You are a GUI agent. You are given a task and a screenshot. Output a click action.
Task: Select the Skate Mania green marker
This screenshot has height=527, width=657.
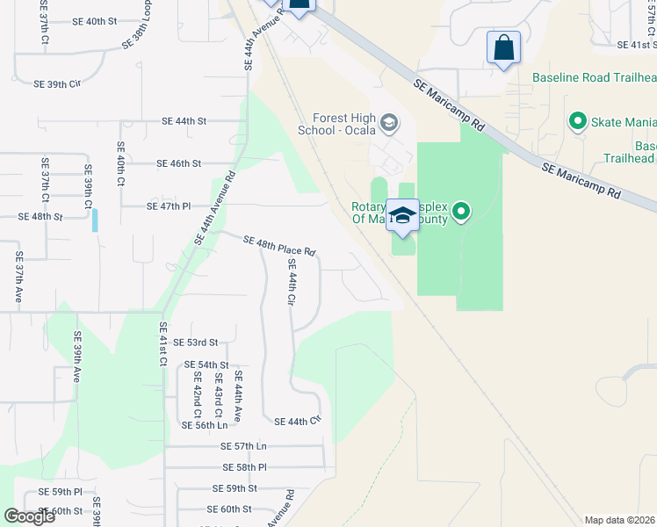(578, 120)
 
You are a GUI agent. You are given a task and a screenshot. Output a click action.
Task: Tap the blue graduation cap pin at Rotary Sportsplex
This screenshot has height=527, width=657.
(402, 216)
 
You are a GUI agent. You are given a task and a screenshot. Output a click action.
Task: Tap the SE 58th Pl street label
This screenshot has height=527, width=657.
(244, 467)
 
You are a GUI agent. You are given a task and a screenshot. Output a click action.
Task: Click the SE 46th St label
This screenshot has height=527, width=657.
(179, 163)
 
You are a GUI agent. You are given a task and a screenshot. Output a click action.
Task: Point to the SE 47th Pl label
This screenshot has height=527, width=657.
(168, 206)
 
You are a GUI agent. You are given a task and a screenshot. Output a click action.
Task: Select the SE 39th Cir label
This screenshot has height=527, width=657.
(56, 84)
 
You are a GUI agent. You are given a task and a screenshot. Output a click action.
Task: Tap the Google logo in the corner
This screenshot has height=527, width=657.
(29, 516)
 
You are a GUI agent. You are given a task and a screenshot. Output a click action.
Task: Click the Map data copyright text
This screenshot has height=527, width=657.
(620, 520)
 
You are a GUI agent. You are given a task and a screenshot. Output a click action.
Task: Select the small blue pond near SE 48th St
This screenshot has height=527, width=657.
(95, 220)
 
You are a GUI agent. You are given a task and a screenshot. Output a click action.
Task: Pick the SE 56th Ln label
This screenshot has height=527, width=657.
(204, 425)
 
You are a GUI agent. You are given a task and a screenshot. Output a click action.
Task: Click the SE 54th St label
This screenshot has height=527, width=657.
(206, 365)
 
